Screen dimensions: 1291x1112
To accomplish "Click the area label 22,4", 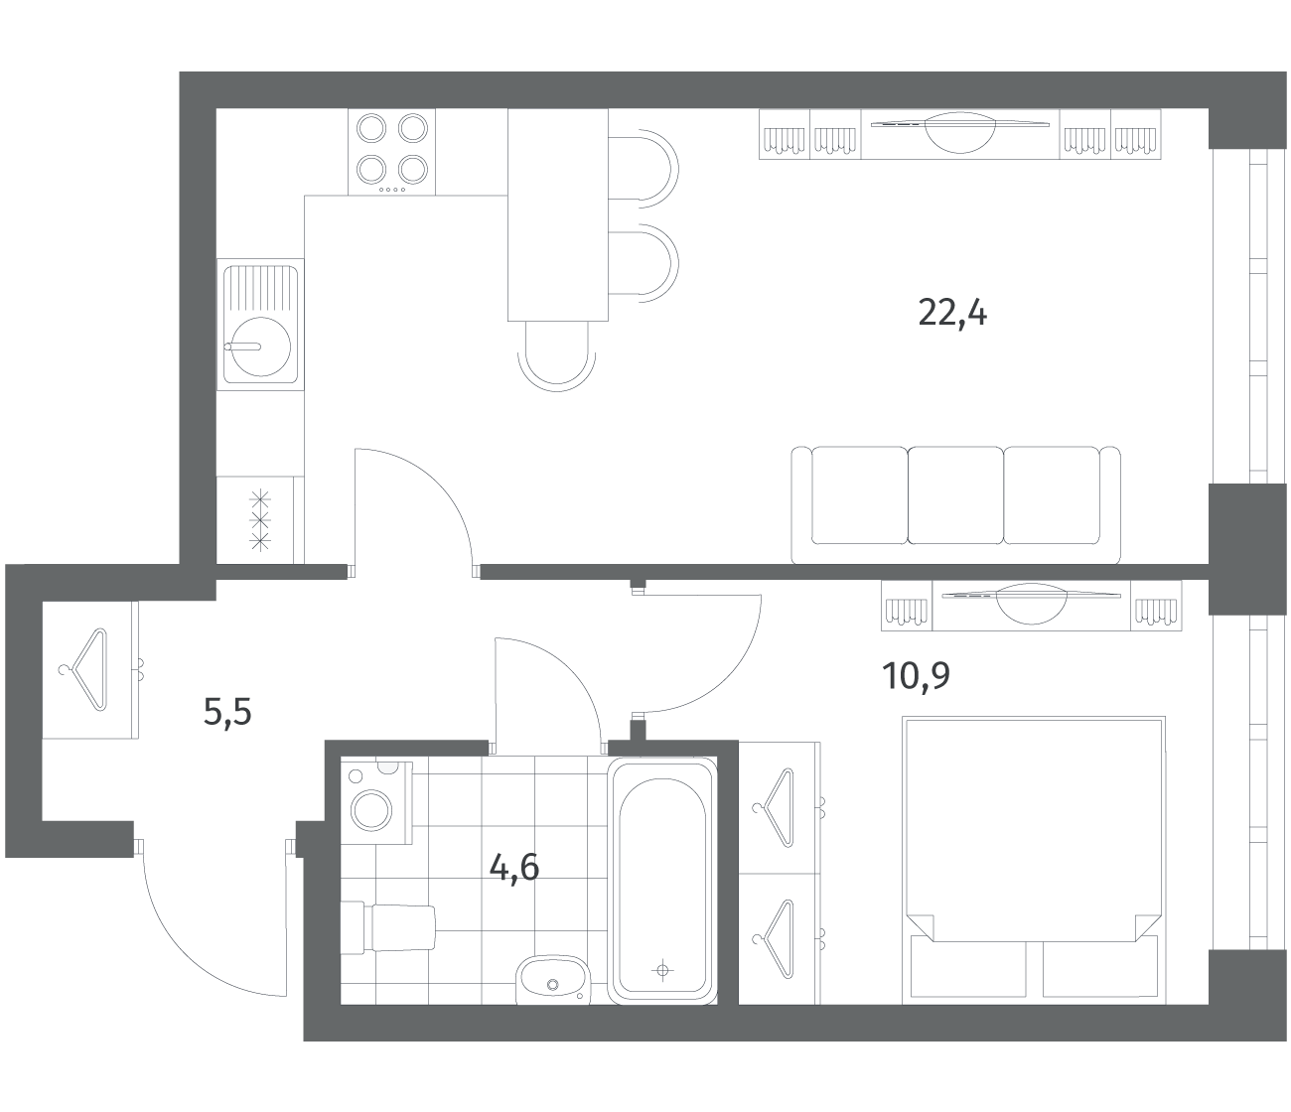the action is tap(951, 313).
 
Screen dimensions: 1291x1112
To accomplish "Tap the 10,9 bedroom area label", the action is tap(917, 675).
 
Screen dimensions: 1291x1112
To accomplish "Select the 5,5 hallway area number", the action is tap(227, 711).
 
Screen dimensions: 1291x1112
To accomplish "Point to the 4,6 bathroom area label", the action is tap(514, 867).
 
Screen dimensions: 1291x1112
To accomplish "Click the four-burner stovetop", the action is tap(391, 152).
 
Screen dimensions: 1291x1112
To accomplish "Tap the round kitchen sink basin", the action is tap(261, 346).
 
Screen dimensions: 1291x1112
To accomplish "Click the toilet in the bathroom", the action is tap(388, 927).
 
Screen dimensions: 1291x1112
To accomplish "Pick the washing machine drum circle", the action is tap(371, 811).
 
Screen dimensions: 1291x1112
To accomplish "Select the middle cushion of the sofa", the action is tap(955, 495).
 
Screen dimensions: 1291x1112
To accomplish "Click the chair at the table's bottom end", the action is tap(556, 355).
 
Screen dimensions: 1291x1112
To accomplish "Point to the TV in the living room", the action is tap(960, 132).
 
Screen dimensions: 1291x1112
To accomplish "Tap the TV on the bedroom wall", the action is tap(1031, 603).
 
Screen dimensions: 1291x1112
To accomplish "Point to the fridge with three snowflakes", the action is tap(260, 520).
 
